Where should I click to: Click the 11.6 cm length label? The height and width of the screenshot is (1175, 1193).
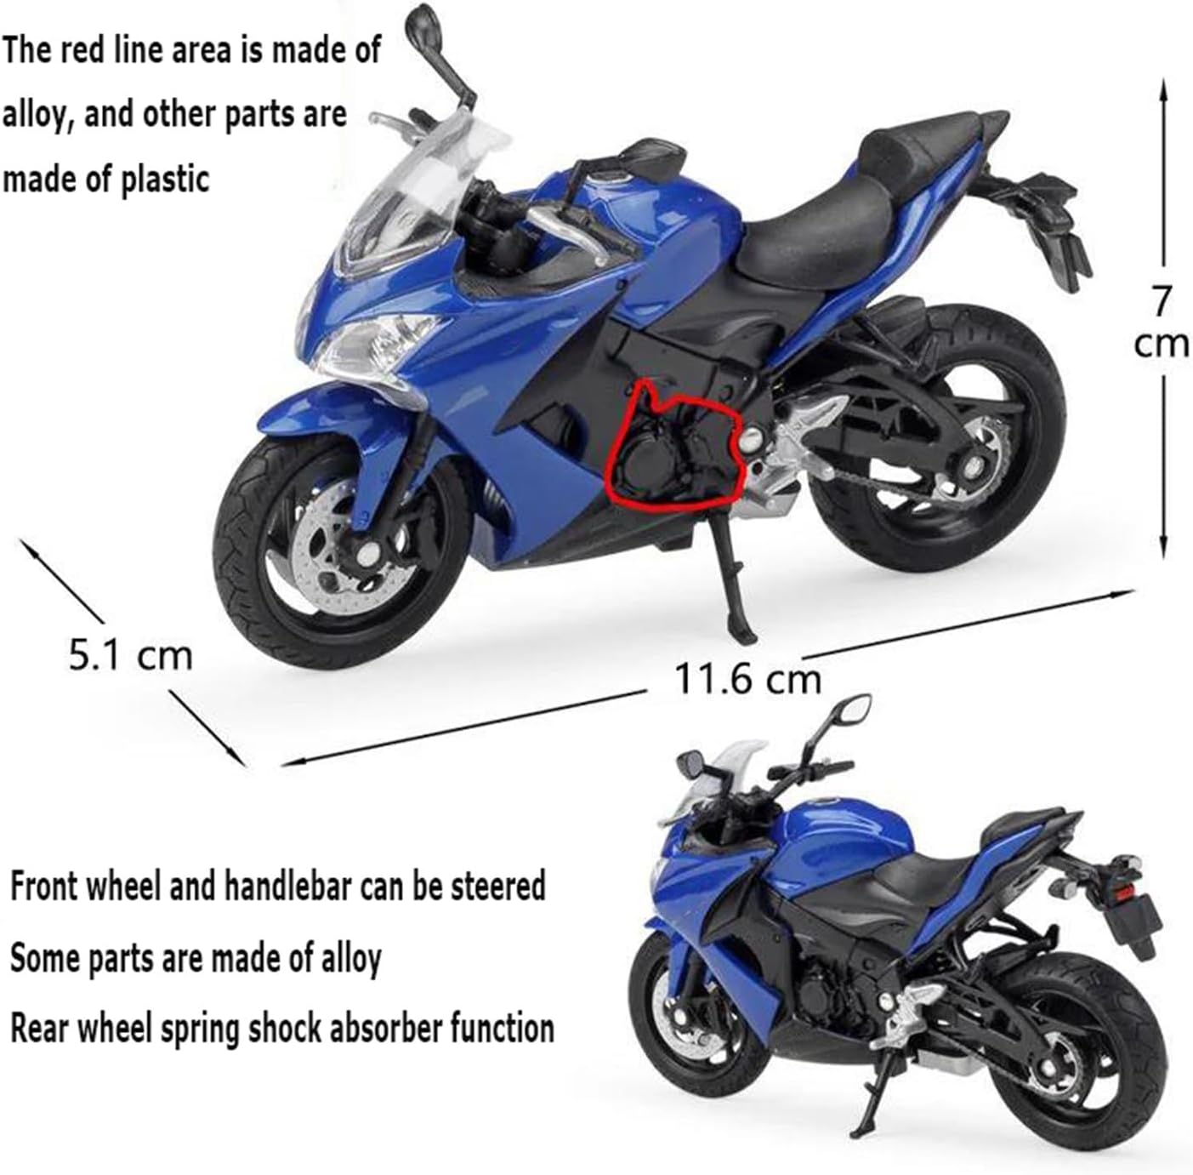point(747,678)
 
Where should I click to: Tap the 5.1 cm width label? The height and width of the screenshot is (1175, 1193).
point(131,654)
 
